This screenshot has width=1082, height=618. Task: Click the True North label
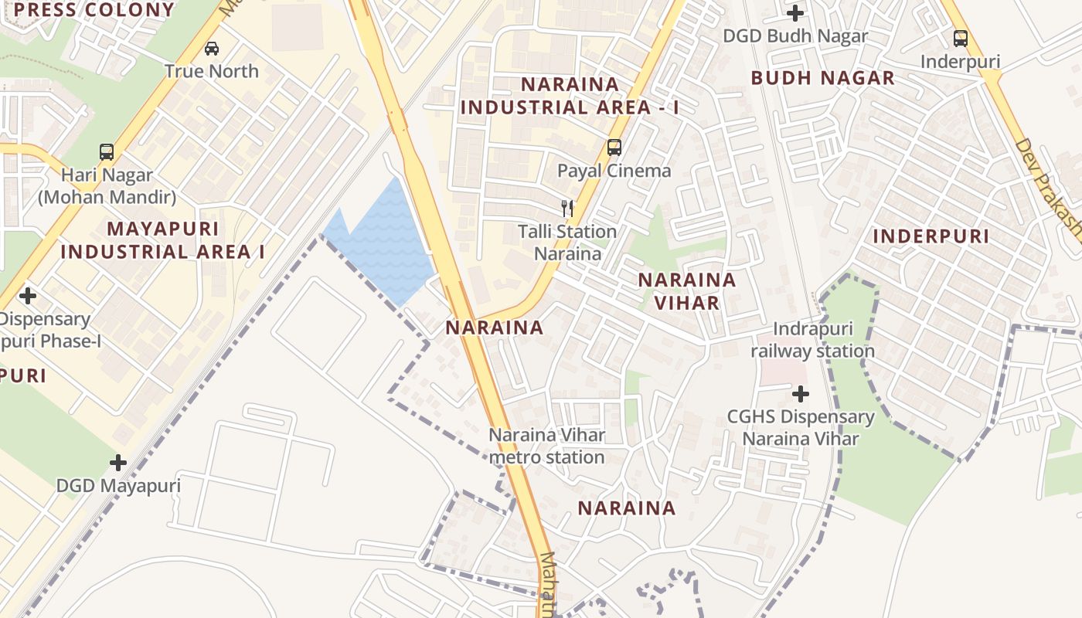click(x=211, y=71)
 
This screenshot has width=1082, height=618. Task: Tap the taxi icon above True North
click(x=211, y=49)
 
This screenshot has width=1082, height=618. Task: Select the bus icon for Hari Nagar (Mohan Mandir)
click(x=107, y=152)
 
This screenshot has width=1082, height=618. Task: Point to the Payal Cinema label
click(x=614, y=171)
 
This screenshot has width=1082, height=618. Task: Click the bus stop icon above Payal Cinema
click(x=614, y=147)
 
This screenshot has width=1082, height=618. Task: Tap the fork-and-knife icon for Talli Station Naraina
click(x=567, y=208)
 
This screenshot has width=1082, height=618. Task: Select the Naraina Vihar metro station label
click(x=546, y=446)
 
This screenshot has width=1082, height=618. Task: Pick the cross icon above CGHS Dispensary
click(x=801, y=395)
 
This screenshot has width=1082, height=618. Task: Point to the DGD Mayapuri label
click(x=118, y=486)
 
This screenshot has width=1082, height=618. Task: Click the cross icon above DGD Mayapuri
click(x=118, y=463)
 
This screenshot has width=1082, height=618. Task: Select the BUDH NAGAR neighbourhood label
click(x=822, y=78)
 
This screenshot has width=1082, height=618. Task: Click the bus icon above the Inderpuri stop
click(x=961, y=38)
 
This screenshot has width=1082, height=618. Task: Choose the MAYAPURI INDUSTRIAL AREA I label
click(x=162, y=240)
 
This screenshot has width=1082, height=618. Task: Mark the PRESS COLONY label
click(x=94, y=10)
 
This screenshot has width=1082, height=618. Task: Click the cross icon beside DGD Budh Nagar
click(x=795, y=13)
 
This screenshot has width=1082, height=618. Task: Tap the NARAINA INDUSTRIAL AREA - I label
click(x=570, y=96)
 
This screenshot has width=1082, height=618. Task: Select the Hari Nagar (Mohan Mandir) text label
click(x=107, y=186)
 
